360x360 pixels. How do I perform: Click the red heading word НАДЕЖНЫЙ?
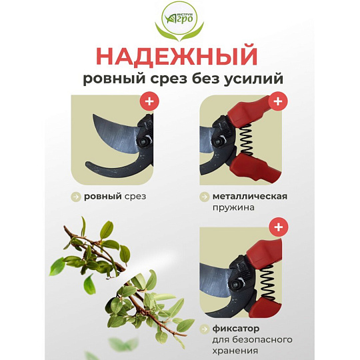coord(177,56)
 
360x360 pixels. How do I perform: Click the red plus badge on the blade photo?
coord(149,101)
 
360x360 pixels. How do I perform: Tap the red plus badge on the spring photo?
coord(278,101)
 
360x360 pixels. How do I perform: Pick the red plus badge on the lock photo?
coord(279,227)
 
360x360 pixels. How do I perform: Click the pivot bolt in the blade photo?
coord(144,141)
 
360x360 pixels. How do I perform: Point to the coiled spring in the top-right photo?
coord(246,139)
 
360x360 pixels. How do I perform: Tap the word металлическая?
coord(250,197)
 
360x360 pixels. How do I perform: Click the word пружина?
coord(233,208)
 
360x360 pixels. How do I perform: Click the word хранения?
coord(235,351)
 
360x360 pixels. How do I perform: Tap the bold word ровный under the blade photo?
coord(103,197)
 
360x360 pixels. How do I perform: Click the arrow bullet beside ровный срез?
coord(75,197)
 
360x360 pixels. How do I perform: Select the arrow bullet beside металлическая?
coord(204,197)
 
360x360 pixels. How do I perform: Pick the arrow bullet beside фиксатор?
coord(204,329)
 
